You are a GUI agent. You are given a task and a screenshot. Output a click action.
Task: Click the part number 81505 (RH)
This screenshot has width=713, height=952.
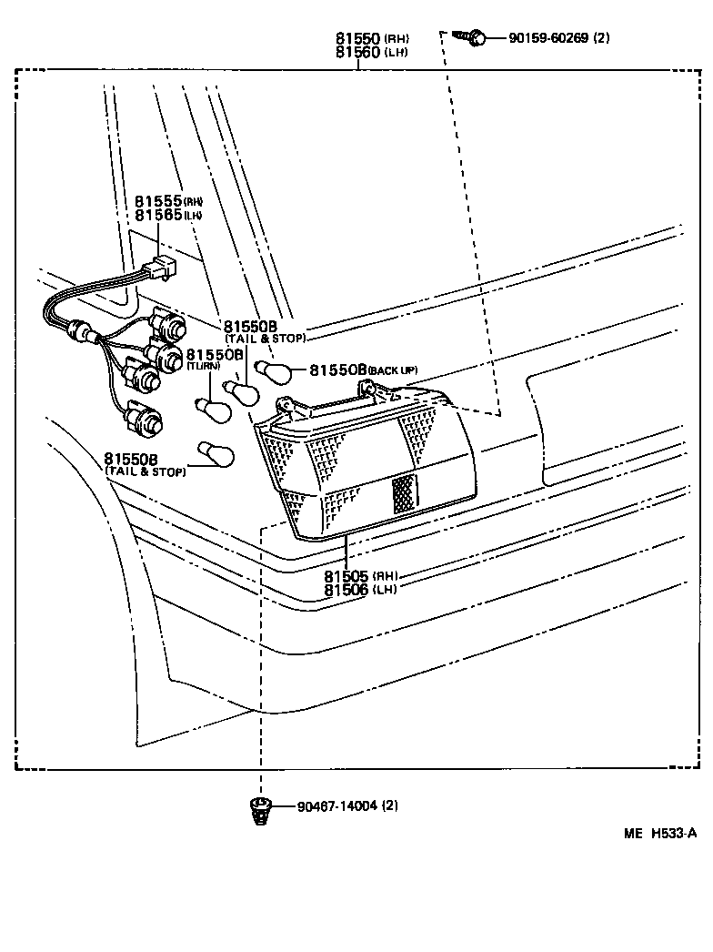tap(358, 576)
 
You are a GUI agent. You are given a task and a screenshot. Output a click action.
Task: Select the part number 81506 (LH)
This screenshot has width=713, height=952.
tap(358, 590)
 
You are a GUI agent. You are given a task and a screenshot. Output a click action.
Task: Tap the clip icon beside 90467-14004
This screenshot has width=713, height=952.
tap(260, 808)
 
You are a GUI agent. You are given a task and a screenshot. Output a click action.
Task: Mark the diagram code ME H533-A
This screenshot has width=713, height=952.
tap(659, 833)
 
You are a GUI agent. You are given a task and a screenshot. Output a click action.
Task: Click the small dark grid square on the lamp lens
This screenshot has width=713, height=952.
tap(404, 493)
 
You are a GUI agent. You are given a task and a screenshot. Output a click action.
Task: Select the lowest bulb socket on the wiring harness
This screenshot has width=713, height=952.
tap(146, 420)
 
